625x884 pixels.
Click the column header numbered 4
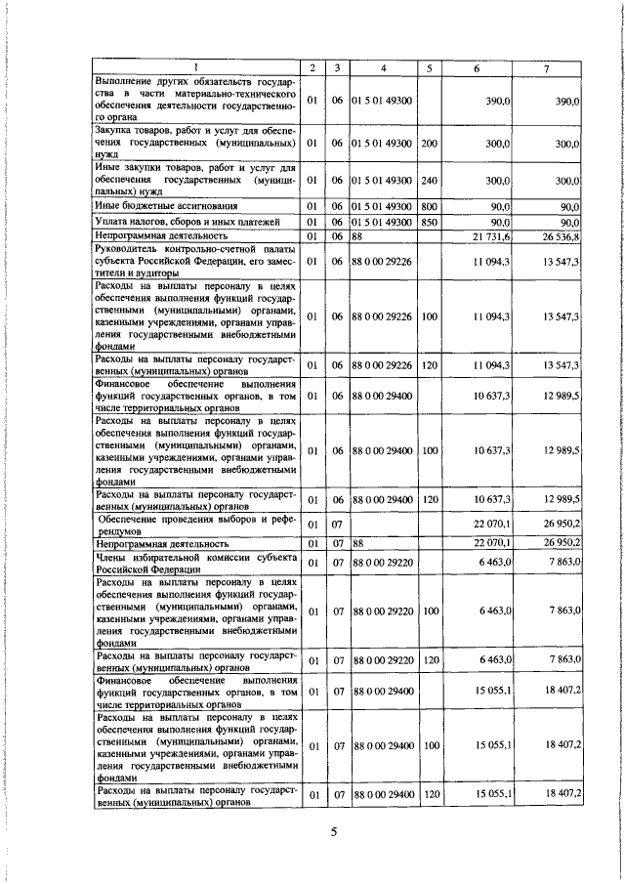384,66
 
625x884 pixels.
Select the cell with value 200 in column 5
428,144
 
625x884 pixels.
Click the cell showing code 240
428,181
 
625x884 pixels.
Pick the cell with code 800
428,207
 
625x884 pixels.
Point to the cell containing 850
428,222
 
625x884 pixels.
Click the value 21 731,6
493,236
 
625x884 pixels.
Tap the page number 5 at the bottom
332,832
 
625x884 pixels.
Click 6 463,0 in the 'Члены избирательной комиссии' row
496,563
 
